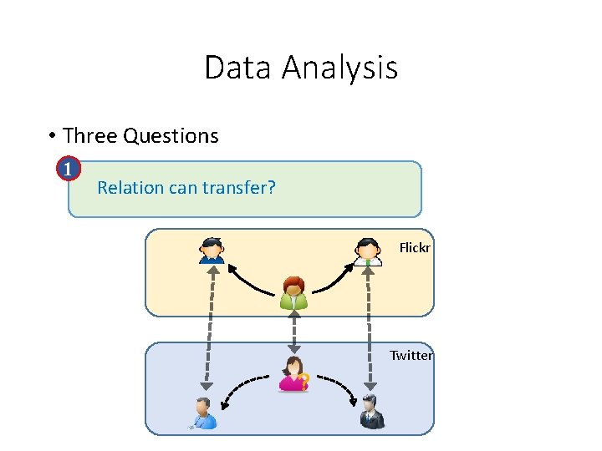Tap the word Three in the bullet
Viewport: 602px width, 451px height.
click(x=90, y=135)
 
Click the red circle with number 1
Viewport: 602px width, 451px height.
click(x=69, y=169)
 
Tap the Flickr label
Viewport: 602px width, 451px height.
click(x=415, y=247)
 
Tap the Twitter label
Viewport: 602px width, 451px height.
click(x=411, y=356)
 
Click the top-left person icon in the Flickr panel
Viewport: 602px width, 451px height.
click(x=212, y=251)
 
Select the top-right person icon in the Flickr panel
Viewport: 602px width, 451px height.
click(x=368, y=251)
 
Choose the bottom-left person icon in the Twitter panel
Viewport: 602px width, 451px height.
click(x=203, y=413)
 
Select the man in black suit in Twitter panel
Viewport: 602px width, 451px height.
click(x=372, y=412)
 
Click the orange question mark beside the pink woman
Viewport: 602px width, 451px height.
click(x=305, y=380)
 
